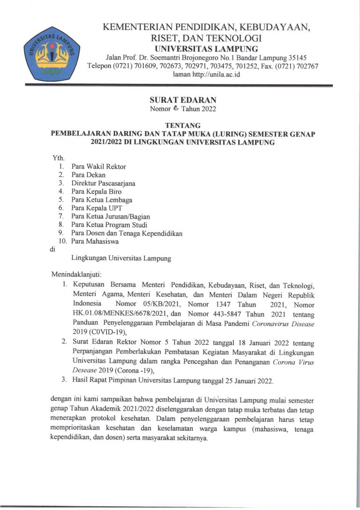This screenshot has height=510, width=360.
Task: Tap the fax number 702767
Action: tap(307, 66)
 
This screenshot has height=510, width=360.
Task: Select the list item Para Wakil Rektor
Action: tap(98, 167)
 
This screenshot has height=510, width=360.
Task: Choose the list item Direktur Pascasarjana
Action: tap(103, 183)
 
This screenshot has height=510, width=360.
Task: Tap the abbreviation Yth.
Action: tap(59, 159)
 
